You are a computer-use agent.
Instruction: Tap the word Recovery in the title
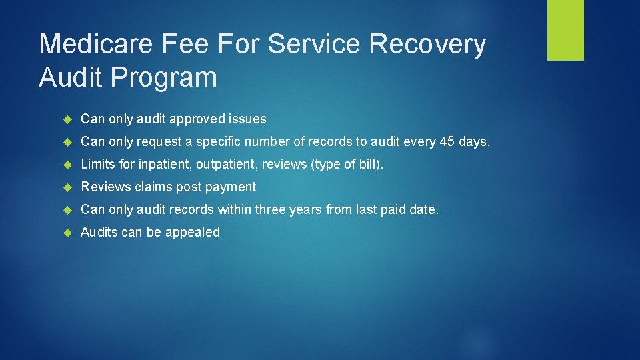[427, 45]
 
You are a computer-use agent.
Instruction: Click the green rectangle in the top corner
[565, 30]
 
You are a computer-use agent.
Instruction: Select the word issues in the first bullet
[247, 119]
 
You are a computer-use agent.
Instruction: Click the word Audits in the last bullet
[99, 232]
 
